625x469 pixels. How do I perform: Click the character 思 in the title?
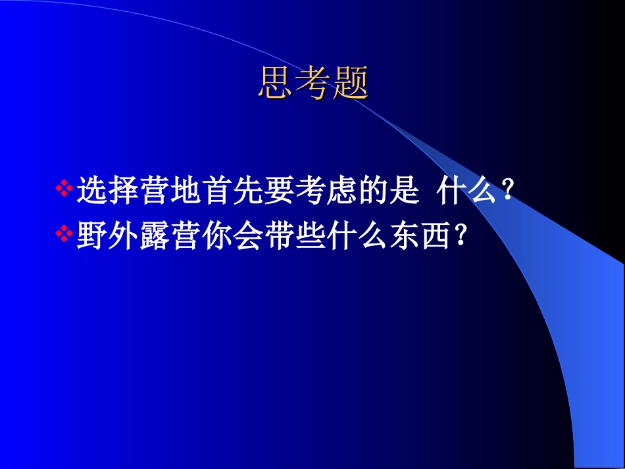[275, 83]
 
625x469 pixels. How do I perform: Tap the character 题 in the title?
[350, 83]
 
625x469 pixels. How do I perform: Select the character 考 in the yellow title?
[312, 83]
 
